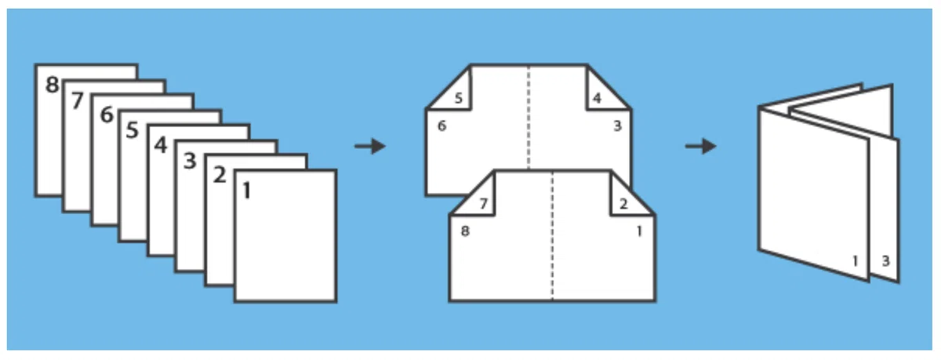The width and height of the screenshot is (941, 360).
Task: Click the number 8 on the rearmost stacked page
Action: pyautogui.click(x=52, y=85)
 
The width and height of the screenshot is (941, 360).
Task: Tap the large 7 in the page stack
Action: pyautogui.click(x=78, y=100)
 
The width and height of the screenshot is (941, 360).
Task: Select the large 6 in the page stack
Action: pyautogui.click(x=107, y=115)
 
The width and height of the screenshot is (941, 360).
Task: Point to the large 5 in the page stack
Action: pyautogui.click(x=133, y=129)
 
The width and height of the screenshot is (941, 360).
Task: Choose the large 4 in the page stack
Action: pyautogui.click(x=161, y=145)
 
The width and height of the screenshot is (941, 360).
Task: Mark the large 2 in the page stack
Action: pyautogui.click(x=220, y=174)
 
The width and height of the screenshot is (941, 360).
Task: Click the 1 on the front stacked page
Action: pyautogui.click(x=246, y=191)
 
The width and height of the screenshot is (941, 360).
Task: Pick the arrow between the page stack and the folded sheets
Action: pyautogui.click(x=370, y=146)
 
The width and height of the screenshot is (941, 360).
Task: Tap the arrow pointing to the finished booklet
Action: pyautogui.click(x=701, y=146)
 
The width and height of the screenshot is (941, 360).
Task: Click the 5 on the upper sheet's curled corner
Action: pyautogui.click(x=458, y=98)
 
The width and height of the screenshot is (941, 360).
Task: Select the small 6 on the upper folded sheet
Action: pyautogui.click(x=441, y=125)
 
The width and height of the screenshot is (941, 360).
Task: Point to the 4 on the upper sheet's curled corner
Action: pyautogui.click(x=597, y=98)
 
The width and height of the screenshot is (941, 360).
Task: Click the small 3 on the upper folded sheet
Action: pyautogui.click(x=617, y=125)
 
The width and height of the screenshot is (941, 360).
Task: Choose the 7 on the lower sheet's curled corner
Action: pyautogui.click(x=484, y=204)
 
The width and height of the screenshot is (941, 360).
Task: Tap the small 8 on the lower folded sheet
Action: pyautogui.click(x=465, y=231)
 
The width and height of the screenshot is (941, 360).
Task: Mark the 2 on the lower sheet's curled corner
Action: pyautogui.click(x=623, y=204)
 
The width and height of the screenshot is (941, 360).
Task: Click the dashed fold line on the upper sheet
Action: pyautogui.click(x=529, y=118)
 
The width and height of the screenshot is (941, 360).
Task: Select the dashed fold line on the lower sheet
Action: pyautogui.click(x=552, y=236)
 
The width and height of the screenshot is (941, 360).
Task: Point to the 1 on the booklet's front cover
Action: pyautogui.click(x=855, y=261)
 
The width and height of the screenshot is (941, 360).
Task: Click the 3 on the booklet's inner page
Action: pyautogui.click(x=885, y=261)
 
